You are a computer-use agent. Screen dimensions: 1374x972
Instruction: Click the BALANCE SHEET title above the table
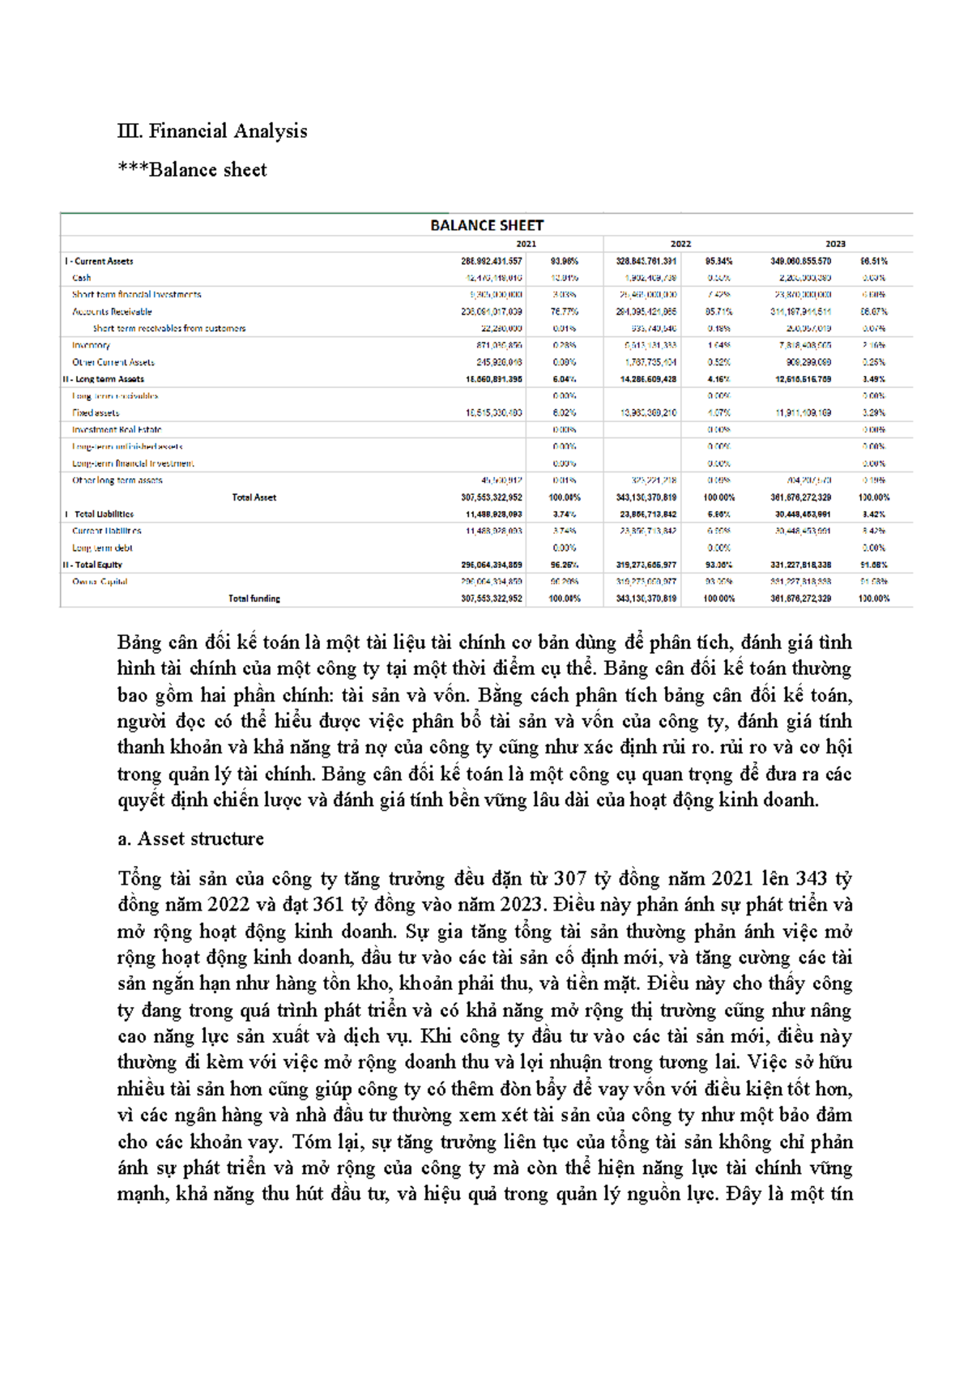[x=487, y=225]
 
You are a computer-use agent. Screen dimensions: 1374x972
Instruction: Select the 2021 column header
[x=526, y=244]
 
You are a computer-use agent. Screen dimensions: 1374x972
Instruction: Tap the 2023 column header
[x=835, y=244]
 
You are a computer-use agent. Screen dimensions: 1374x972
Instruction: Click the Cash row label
[x=82, y=278]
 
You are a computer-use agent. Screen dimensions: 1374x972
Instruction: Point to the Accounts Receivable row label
[x=112, y=312]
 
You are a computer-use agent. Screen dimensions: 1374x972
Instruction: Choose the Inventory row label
[x=91, y=345]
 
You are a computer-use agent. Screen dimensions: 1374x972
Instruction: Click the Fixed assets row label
[x=96, y=413]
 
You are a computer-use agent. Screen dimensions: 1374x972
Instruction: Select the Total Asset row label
[x=254, y=497]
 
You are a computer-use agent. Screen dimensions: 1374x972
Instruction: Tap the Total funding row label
[x=254, y=599]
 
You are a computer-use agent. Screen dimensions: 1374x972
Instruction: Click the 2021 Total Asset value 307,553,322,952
[x=492, y=497]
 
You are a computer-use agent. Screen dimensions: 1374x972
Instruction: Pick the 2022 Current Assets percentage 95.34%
[x=718, y=262]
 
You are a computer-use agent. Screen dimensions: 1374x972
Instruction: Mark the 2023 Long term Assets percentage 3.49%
[x=873, y=379]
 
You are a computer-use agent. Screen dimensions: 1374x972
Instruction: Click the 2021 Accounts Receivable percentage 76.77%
[x=565, y=312]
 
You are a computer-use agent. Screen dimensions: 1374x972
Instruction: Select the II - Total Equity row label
[x=93, y=565]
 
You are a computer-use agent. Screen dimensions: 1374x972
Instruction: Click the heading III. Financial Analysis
[x=212, y=131]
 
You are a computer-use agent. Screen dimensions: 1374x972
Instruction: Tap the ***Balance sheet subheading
[x=192, y=170]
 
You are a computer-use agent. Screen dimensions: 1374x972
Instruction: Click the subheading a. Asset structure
[x=190, y=839]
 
